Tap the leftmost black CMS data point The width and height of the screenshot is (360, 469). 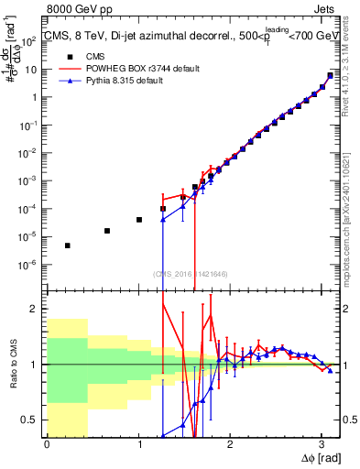(x=68, y=245)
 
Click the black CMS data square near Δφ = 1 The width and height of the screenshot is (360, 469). (x=139, y=220)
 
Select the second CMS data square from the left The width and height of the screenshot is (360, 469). (x=107, y=231)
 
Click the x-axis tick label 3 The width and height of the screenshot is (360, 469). (x=322, y=444)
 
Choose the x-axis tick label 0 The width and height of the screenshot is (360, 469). (x=47, y=444)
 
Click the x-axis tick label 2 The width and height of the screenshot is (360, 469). (x=230, y=444)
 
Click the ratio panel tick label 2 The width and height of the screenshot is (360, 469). (x=38, y=309)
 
